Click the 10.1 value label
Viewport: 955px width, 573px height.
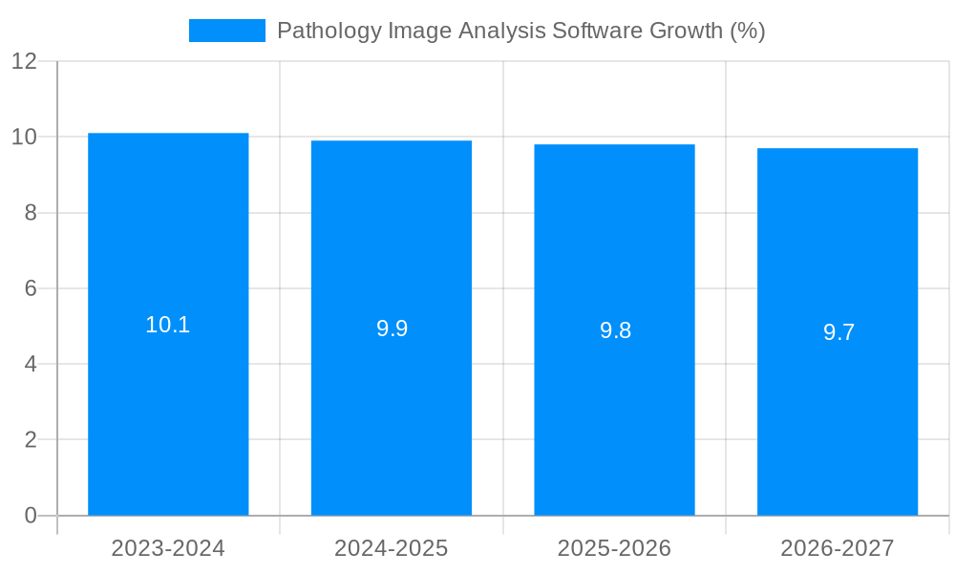[x=168, y=325]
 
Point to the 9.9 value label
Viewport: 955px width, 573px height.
[x=392, y=329]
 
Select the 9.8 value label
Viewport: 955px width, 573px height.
[x=615, y=330]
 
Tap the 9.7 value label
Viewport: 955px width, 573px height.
[x=838, y=332]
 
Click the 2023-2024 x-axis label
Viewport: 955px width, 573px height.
[x=168, y=548]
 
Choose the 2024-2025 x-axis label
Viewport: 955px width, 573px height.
[x=392, y=548]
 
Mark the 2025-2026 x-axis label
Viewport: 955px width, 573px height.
[x=614, y=548]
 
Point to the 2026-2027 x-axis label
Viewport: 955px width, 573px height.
[x=838, y=548]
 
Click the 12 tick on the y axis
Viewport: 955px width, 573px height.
[x=24, y=61]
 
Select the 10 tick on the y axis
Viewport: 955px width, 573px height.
[x=24, y=137]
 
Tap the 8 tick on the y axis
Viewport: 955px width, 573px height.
[x=31, y=213]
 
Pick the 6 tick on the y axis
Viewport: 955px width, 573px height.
[x=31, y=288]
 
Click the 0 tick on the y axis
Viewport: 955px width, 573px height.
[x=31, y=516]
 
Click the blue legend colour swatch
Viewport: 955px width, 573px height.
[x=227, y=31]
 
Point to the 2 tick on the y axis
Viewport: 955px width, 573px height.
[x=31, y=440]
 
